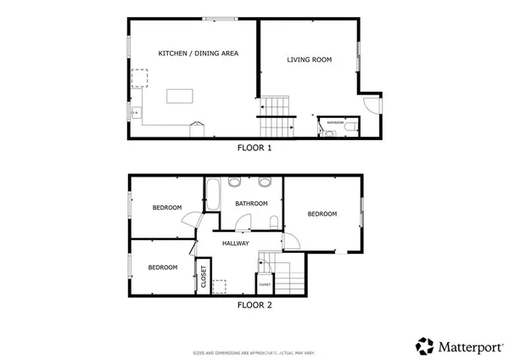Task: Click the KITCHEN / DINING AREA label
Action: pos(198,53)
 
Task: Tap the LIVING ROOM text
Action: pos(309,60)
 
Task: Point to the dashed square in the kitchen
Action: pos(139,79)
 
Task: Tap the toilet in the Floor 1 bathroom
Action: pos(349,128)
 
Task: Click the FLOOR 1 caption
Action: pos(254,148)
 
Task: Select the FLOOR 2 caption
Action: pos(254,304)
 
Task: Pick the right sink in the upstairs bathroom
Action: pos(264,182)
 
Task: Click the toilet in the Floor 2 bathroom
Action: pos(273,222)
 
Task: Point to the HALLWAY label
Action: pos(235,244)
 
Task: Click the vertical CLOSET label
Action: pos(203,277)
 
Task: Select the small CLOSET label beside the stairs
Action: pos(265,284)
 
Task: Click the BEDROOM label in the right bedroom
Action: pos(322,214)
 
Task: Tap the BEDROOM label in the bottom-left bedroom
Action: pos(163,267)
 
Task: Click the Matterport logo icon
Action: pos(424,346)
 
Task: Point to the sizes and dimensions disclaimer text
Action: pos(254,351)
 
